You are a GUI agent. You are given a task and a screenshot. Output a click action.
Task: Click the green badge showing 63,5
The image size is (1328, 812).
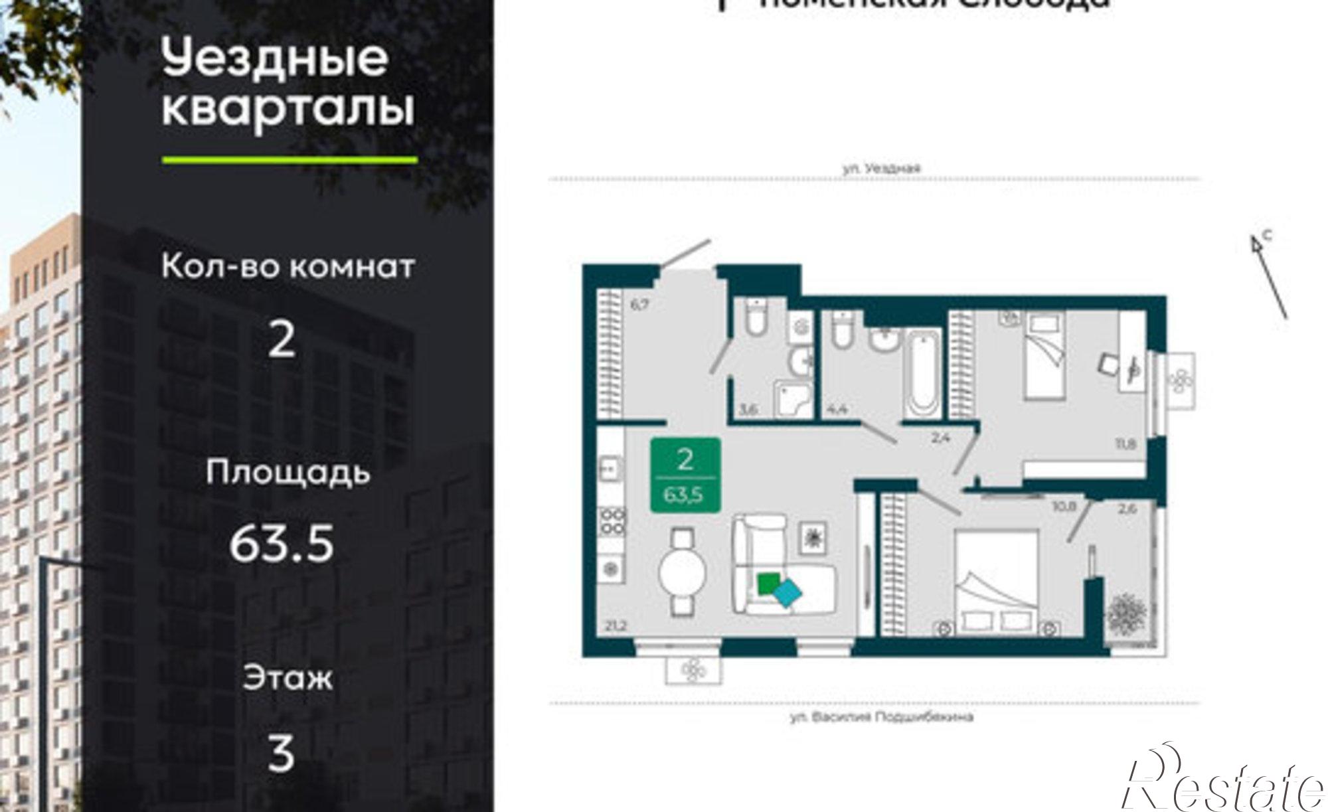(x=685, y=475)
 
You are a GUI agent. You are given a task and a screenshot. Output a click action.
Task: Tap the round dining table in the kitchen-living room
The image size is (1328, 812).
(x=682, y=572)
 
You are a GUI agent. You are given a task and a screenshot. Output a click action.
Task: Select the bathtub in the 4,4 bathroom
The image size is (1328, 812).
(x=922, y=374)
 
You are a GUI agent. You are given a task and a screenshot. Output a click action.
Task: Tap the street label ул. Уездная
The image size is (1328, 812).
(x=881, y=169)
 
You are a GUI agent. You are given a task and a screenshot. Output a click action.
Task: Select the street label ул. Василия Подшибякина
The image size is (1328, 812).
(x=882, y=717)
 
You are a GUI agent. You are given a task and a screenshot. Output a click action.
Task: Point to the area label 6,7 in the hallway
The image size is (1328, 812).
(x=639, y=305)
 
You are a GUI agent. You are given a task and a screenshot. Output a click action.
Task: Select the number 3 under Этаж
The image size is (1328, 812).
(x=280, y=755)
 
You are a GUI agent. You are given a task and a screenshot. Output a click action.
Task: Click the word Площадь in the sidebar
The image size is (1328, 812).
(x=288, y=473)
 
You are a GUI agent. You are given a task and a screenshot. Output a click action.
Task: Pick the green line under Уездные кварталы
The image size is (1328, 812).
(x=290, y=160)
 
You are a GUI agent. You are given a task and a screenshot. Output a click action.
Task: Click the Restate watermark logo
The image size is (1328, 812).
(x=1222, y=783)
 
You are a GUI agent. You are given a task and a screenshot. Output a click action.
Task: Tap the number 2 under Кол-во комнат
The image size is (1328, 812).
(x=282, y=340)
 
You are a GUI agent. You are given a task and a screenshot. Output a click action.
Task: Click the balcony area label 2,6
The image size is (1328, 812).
(x=1127, y=510)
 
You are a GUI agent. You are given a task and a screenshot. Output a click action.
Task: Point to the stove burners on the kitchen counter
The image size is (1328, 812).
(x=612, y=521)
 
